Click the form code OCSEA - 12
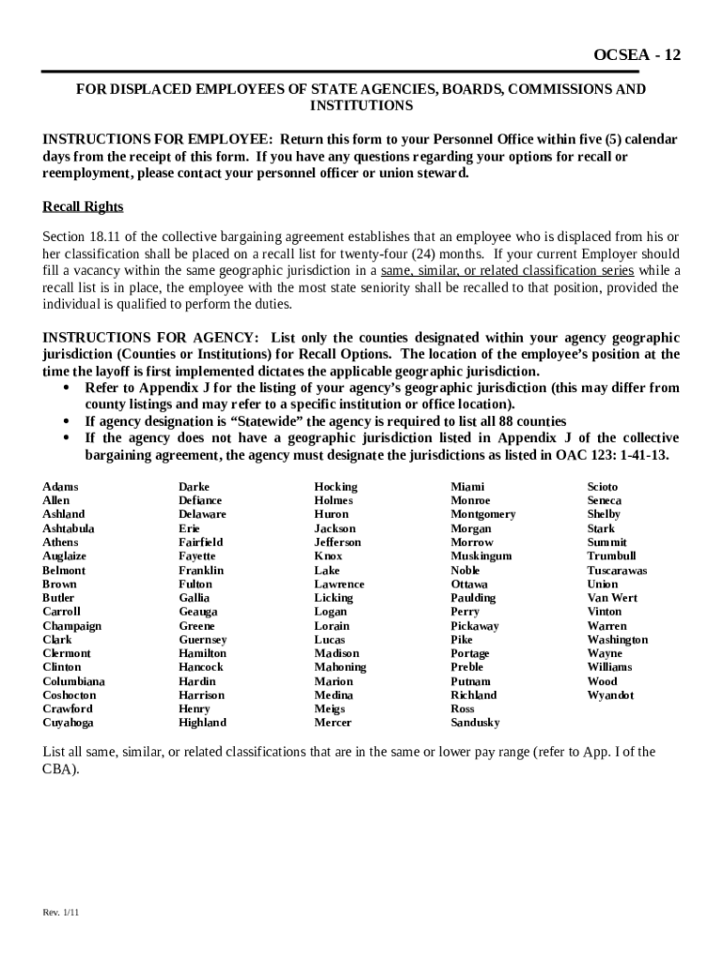point(637,55)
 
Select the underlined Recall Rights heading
point(83,206)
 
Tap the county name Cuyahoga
point(68,723)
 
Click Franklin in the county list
point(201,570)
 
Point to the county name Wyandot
point(610,695)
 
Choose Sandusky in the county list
point(475,723)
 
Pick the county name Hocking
point(335,486)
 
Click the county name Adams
point(60,486)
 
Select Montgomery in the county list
point(483,514)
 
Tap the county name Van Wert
point(612,598)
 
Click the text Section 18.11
point(79,236)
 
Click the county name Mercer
point(332,723)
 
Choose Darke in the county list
point(194,486)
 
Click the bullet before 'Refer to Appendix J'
point(67,389)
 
